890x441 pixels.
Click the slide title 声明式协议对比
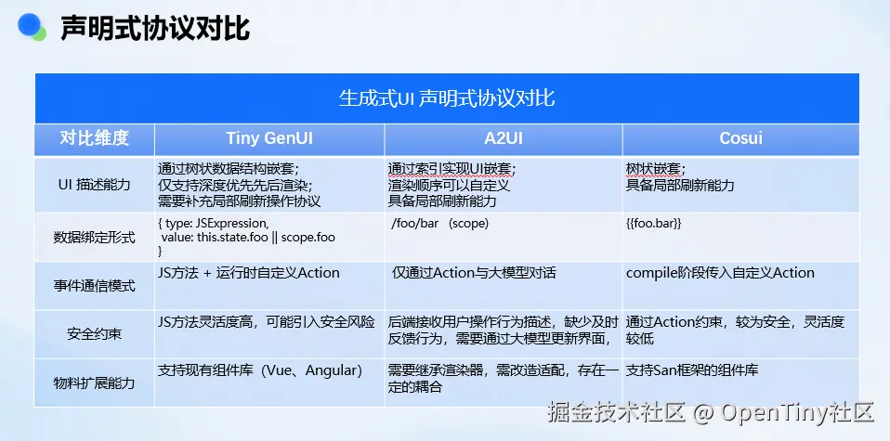pos(155,28)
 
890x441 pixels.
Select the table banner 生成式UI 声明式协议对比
pos(447,98)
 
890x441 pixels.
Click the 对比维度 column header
pos(95,138)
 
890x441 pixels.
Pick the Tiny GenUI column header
pos(269,138)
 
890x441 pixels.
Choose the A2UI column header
pos(504,138)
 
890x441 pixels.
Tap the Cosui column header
pos(740,138)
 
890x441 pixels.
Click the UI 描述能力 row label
pos(94,185)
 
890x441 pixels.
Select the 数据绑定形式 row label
pos(95,237)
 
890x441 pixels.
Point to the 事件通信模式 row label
pos(95,285)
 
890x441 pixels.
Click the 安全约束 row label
pos(95,333)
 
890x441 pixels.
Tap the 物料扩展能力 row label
pos(95,383)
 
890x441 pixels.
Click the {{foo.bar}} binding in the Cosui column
pos(653,224)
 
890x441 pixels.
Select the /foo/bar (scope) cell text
pos(440,224)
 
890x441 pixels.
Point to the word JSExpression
pos(231,224)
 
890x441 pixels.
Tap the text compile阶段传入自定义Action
pos(720,273)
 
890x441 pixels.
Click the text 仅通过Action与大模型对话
pos(474,273)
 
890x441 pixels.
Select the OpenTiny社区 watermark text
pos(797,412)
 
